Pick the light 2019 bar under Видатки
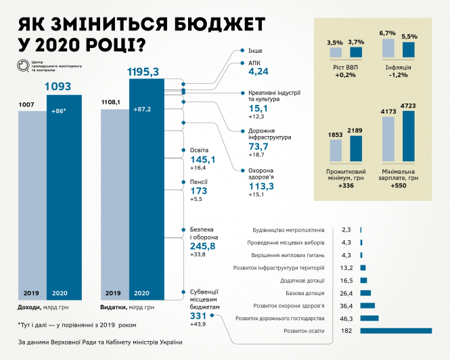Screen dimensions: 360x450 coord(114,203)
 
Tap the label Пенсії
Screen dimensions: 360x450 coord(198,182)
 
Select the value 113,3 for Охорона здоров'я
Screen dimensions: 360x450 coord(254,185)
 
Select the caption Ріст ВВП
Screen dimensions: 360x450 coord(345,66)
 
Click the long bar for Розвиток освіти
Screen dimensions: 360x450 coord(396,330)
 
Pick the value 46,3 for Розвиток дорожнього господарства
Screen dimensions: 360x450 coord(347,317)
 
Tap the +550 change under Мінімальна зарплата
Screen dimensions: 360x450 coord(399,184)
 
